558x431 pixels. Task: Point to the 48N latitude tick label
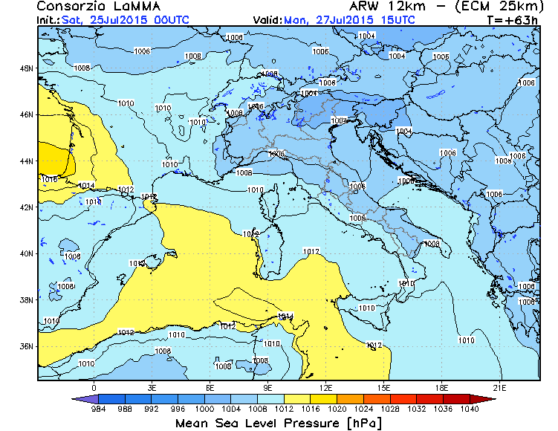click(x=27, y=68)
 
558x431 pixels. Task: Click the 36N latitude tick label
click(x=27, y=346)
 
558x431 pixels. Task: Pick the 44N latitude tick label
click(x=27, y=161)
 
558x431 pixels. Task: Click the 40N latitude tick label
click(x=27, y=253)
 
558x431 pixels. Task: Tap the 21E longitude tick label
click(x=500, y=388)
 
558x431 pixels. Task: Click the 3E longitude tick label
click(x=152, y=388)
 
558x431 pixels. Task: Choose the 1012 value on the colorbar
click(x=283, y=409)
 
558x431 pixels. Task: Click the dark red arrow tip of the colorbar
click(x=491, y=399)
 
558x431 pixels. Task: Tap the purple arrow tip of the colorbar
click(x=77, y=399)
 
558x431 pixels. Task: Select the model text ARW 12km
click(x=374, y=7)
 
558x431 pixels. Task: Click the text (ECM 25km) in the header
click(x=485, y=7)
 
